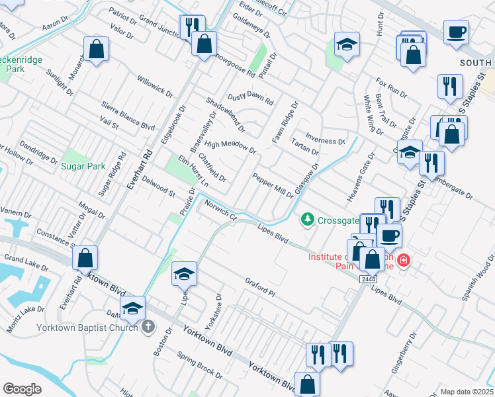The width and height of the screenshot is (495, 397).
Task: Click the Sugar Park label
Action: click(x=83, y=167)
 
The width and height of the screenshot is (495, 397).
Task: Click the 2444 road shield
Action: click(x=369, y=281)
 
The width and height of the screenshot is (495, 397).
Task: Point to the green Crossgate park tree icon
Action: click(x=307, y=220)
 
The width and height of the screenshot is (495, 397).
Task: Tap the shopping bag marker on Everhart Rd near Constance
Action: click(x=85, y=259)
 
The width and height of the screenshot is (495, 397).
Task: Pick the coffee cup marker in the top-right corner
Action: click(x=457, y=32)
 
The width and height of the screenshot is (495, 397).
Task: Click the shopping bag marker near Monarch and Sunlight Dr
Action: click(x=97, y=49)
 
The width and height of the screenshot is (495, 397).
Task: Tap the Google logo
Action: click(x=22, y=389)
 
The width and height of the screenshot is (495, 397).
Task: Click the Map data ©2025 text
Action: click(x=467, y=392)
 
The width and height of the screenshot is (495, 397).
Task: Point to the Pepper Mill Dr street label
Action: click(x=273, y=186)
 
